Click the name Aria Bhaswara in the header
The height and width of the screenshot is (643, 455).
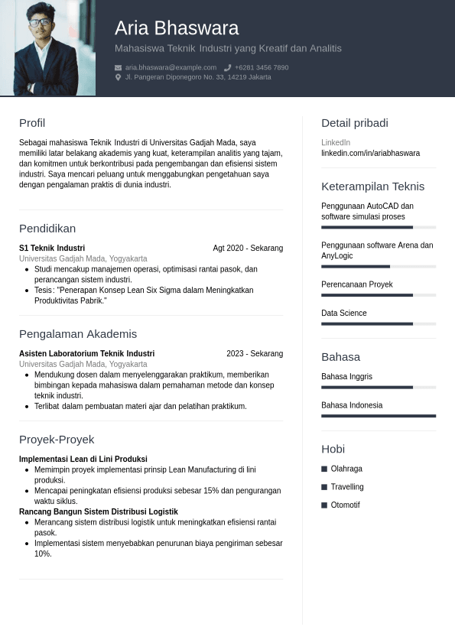pos(177,28)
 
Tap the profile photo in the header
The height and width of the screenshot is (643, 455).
pos(47,47)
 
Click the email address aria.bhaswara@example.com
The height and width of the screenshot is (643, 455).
pos(171,67)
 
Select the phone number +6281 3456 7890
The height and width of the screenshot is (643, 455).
pos(262,67)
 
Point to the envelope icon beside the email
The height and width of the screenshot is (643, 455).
pos(118,67)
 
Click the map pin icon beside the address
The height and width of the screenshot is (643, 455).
pos(118,77)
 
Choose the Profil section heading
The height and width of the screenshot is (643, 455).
pos(32,123)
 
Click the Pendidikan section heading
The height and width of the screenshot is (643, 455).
pos(47,229)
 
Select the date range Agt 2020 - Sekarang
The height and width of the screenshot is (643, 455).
pos(248,248)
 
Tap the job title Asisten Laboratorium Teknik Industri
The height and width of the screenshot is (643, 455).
pos(86,354)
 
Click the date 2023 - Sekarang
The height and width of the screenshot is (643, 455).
pos(255,354)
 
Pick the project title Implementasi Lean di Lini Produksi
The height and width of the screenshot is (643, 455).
pos(83,460)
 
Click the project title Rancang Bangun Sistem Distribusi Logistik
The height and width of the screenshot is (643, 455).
pos(98,512)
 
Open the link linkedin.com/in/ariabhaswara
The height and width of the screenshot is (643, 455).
pos(370,153)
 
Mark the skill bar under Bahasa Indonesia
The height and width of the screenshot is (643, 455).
pos(379,416)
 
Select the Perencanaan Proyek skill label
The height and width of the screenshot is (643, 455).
pos(357,284)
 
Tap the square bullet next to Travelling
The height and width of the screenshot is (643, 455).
pos(324,487)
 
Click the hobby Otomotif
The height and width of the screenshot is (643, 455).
pos(345,505)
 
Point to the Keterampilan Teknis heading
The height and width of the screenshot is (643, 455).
pos(372,187)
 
